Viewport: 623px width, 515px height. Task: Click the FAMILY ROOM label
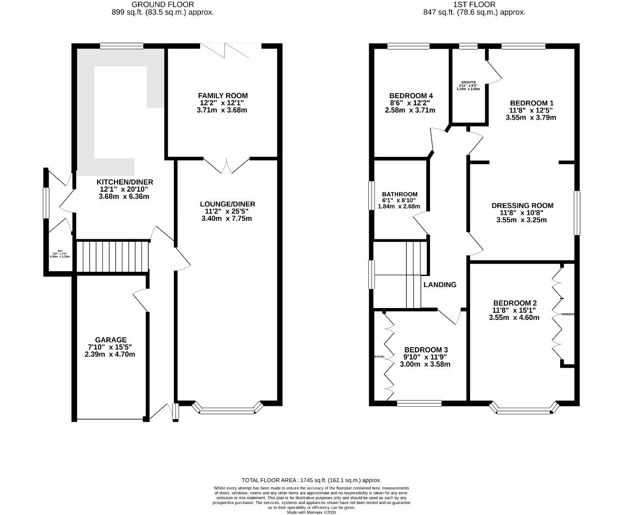tap(223, 95)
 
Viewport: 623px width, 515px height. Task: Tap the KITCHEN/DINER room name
tap(125, 182)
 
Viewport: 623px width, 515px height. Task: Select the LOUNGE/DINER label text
tap(227, 204)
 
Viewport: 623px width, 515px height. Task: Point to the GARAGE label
tap(110, 340)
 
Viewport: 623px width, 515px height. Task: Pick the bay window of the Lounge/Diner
tap(228, 408)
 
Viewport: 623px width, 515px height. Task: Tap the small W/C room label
tap(60, 251)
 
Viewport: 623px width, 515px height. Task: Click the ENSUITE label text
tap(468, 82)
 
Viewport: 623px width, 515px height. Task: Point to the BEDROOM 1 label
tap(532, 103)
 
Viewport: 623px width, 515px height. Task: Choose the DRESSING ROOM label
tap(522, 206)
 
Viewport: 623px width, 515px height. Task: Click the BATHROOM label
tap(400, 194)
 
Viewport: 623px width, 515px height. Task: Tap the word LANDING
tap(440, 285)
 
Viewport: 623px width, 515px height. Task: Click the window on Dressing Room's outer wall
tap(577, 213)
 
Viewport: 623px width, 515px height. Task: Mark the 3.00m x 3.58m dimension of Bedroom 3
tap(425, 364)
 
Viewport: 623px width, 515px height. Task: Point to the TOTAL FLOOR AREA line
tap(311, 480)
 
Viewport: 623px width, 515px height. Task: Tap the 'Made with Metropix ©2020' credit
tap(311, 512)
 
